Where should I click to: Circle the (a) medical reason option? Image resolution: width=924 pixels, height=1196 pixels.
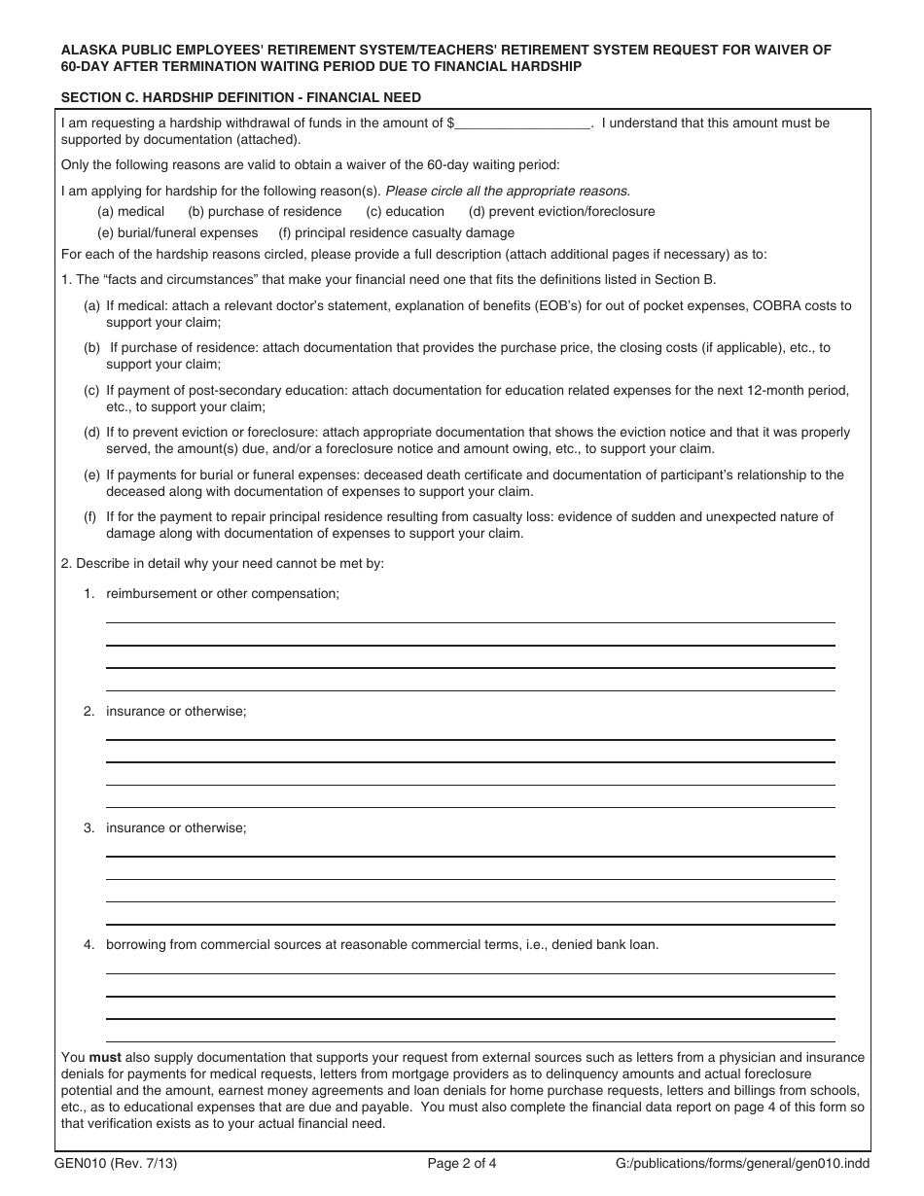pyautogui.click(x=130, y=211)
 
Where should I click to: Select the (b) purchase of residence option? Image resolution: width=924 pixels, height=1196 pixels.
pyautogui.click(x=265, y=211)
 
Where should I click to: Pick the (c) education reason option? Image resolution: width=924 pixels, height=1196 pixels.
pyautogui.click(x=405, y=211)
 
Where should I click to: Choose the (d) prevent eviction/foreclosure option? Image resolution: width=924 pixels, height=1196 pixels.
pyautogui.click(x=561, y=211)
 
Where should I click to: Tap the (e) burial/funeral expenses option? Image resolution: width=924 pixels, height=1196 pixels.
pyautogui.click(x=177, y=233)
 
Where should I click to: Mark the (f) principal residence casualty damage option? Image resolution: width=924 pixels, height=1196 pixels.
pyautogui.click(x=396, y=233)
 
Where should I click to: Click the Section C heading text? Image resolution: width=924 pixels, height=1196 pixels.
pyautogui.click(x=241, y=97)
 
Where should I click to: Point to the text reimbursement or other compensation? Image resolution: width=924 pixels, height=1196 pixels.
pyautogui.click(x=223, y=594)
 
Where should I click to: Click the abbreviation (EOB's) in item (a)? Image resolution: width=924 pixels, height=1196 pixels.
pyautogui.click(x=558, y=306)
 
